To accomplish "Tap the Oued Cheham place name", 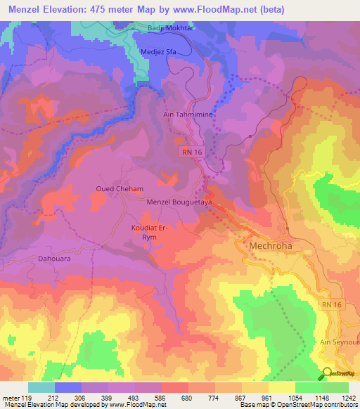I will click(120, 189).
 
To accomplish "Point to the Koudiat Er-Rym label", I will click(148, 233).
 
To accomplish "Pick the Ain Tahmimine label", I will click(186, 113).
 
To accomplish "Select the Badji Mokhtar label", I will click(169, 28).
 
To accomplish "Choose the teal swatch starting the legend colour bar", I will click(41, 387).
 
